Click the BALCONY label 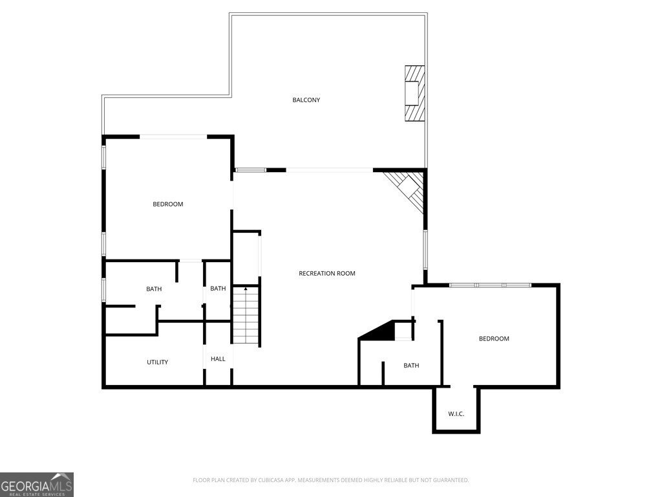[306, 100]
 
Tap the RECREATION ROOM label [326, 274]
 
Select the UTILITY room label [157, 362]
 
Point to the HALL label [218, 359]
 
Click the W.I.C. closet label [456, 414]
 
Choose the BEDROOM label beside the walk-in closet [493, 339]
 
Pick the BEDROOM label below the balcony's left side [167, 204]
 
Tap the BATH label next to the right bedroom [411, 366]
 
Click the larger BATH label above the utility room [154, 289]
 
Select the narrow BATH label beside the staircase [218, 289]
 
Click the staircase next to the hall [246, 317]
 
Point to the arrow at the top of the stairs [246, 289]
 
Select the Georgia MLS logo [37, 484]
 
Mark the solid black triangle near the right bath [381, 331]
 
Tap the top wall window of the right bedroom [490, 285]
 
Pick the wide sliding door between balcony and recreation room [330, 170]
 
